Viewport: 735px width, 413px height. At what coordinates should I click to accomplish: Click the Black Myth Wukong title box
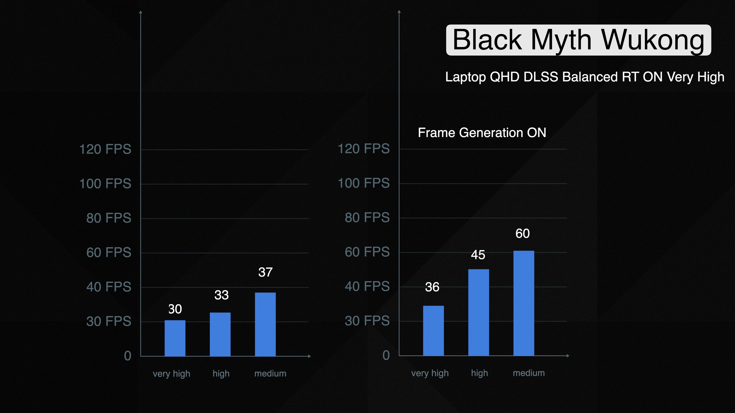[578, 40]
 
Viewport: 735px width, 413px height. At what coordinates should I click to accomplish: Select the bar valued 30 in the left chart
[175, 338]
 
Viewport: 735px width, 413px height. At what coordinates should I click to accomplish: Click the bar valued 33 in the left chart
[220, 334]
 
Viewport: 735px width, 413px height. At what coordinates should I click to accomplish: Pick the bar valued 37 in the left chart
[265, 324]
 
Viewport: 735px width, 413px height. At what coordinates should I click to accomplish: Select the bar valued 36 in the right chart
[433, 331]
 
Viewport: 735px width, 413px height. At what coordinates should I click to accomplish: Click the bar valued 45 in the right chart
[479, 312]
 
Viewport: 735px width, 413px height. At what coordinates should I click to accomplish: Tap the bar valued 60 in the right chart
[524, 303]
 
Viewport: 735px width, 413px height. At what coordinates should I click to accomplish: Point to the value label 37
[265, 272]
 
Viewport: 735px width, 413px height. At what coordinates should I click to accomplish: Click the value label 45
[478, 255]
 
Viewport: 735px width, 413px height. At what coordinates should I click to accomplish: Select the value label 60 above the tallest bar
[522, 234]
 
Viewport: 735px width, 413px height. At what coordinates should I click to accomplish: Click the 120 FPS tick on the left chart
[105, 149]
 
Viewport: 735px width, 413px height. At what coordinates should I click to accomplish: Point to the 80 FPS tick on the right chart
[367, 217]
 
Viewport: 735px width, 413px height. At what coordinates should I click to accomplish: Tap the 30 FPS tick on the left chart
[109, 321]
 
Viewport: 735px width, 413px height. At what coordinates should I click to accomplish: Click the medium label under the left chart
[270, 373]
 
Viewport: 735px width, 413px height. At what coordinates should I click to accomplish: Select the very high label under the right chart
[430, 373]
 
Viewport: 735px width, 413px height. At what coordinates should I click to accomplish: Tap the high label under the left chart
[221, 373]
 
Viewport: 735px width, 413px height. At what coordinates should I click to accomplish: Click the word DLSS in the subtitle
[541, 77]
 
